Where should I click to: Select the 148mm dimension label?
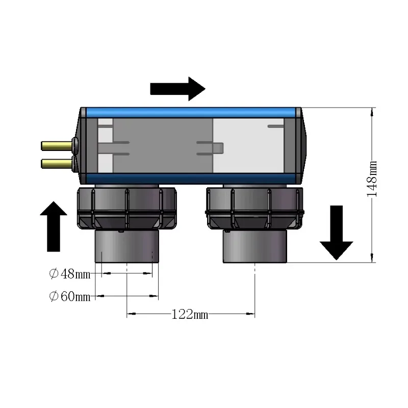373,179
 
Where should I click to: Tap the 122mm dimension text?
190,315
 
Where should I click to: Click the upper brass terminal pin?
56,146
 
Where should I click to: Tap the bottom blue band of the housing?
191,178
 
